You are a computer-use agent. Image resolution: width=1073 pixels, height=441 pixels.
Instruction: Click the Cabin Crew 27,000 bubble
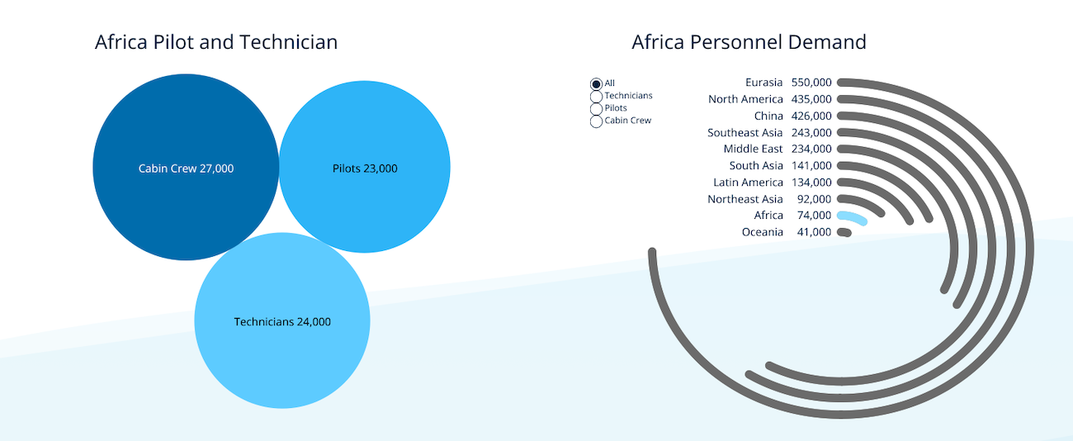pos(186,168)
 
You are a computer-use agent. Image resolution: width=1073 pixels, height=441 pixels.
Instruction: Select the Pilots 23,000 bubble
pos(365,167)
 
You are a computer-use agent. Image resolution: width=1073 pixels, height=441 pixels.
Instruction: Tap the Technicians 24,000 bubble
pos(282,320)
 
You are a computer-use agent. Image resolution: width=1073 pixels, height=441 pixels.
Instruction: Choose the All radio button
pos(596,84)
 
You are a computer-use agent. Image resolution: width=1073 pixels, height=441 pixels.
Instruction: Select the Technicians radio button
pos(596,97)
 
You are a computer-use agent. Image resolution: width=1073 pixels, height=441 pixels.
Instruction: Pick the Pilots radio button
pos(596,109)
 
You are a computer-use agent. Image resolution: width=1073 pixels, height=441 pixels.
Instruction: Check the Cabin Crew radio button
pos(596,121)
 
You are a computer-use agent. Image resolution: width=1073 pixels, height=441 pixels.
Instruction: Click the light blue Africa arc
pos(853,216)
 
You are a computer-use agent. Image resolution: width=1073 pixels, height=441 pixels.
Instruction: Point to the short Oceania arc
pos(844,233)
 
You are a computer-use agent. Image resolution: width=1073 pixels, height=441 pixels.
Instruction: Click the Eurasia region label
pos(763,83)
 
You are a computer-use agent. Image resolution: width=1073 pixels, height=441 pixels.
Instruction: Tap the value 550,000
pos(811,83)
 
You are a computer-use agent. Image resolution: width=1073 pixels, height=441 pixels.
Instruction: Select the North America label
pos(745,99)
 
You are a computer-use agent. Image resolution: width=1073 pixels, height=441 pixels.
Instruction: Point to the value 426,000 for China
pos(811,116)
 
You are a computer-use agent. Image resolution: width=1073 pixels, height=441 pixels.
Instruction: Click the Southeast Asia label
pos(744,132)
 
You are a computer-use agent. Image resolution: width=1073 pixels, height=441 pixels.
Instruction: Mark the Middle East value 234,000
pos(811,149)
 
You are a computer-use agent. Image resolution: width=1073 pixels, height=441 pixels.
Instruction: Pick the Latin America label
pos(749,183)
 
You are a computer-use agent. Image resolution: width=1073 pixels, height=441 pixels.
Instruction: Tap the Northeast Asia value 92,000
pos(815,199)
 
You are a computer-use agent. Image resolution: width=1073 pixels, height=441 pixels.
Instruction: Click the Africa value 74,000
pos(815,216)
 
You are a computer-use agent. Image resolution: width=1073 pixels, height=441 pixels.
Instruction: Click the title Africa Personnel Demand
pos(749,42)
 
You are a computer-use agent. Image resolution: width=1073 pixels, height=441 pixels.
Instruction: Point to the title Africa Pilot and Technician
pos(216,42)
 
